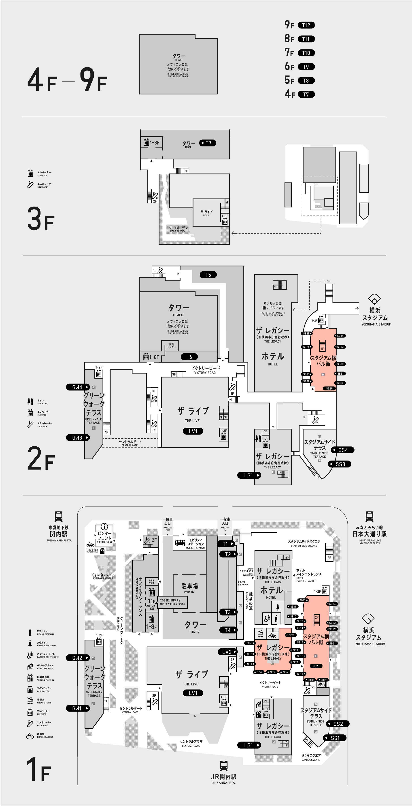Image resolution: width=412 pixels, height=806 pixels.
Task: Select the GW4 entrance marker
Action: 78,387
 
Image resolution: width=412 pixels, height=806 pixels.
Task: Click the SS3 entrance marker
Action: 340,464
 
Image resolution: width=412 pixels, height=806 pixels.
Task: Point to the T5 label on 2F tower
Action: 208,275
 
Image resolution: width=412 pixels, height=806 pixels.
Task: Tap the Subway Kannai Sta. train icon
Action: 58,516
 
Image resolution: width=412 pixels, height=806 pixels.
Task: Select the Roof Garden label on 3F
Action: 178,229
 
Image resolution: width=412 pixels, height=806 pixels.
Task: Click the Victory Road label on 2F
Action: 205,370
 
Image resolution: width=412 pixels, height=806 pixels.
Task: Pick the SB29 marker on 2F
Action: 329,388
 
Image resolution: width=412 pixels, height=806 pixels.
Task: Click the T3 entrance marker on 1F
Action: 228,612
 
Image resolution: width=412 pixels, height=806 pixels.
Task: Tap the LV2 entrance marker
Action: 227,652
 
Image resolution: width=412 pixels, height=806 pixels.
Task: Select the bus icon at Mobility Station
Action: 180,543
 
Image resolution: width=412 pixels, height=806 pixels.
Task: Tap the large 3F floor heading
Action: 41,219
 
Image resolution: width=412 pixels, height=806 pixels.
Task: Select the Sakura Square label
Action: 311,757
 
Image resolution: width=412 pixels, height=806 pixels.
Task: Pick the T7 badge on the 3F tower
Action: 208,143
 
